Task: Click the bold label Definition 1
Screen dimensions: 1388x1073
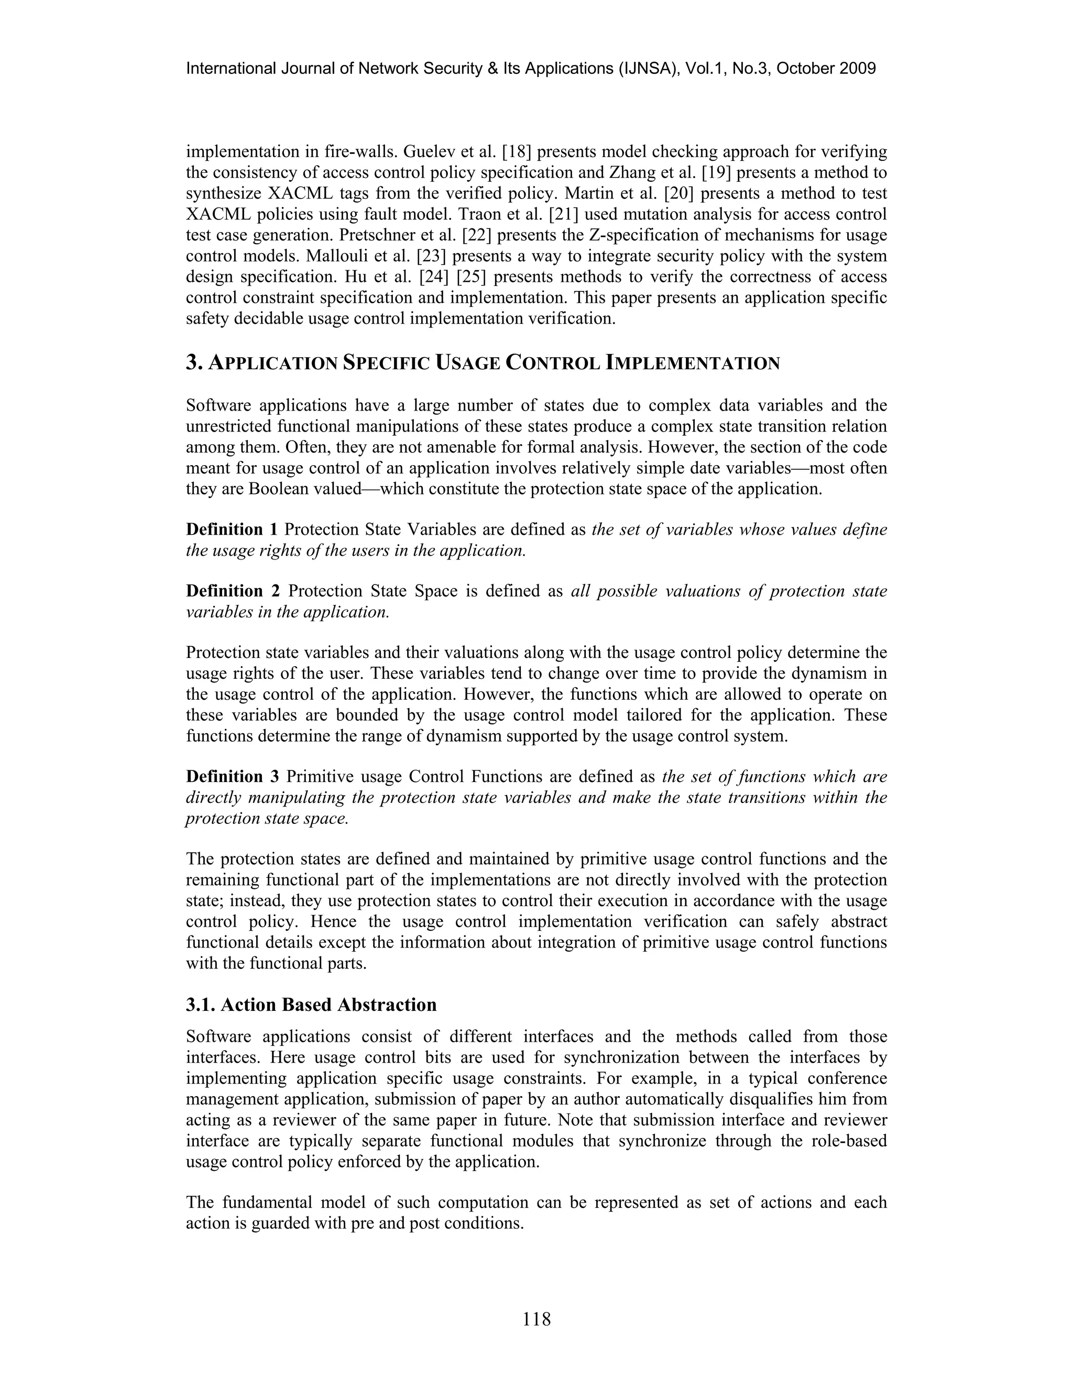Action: click(232, 530)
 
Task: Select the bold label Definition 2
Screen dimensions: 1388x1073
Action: click(233, 591)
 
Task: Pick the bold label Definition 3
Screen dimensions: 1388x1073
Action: click(233, 777)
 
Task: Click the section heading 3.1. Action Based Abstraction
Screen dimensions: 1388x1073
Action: click(312, 1005)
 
